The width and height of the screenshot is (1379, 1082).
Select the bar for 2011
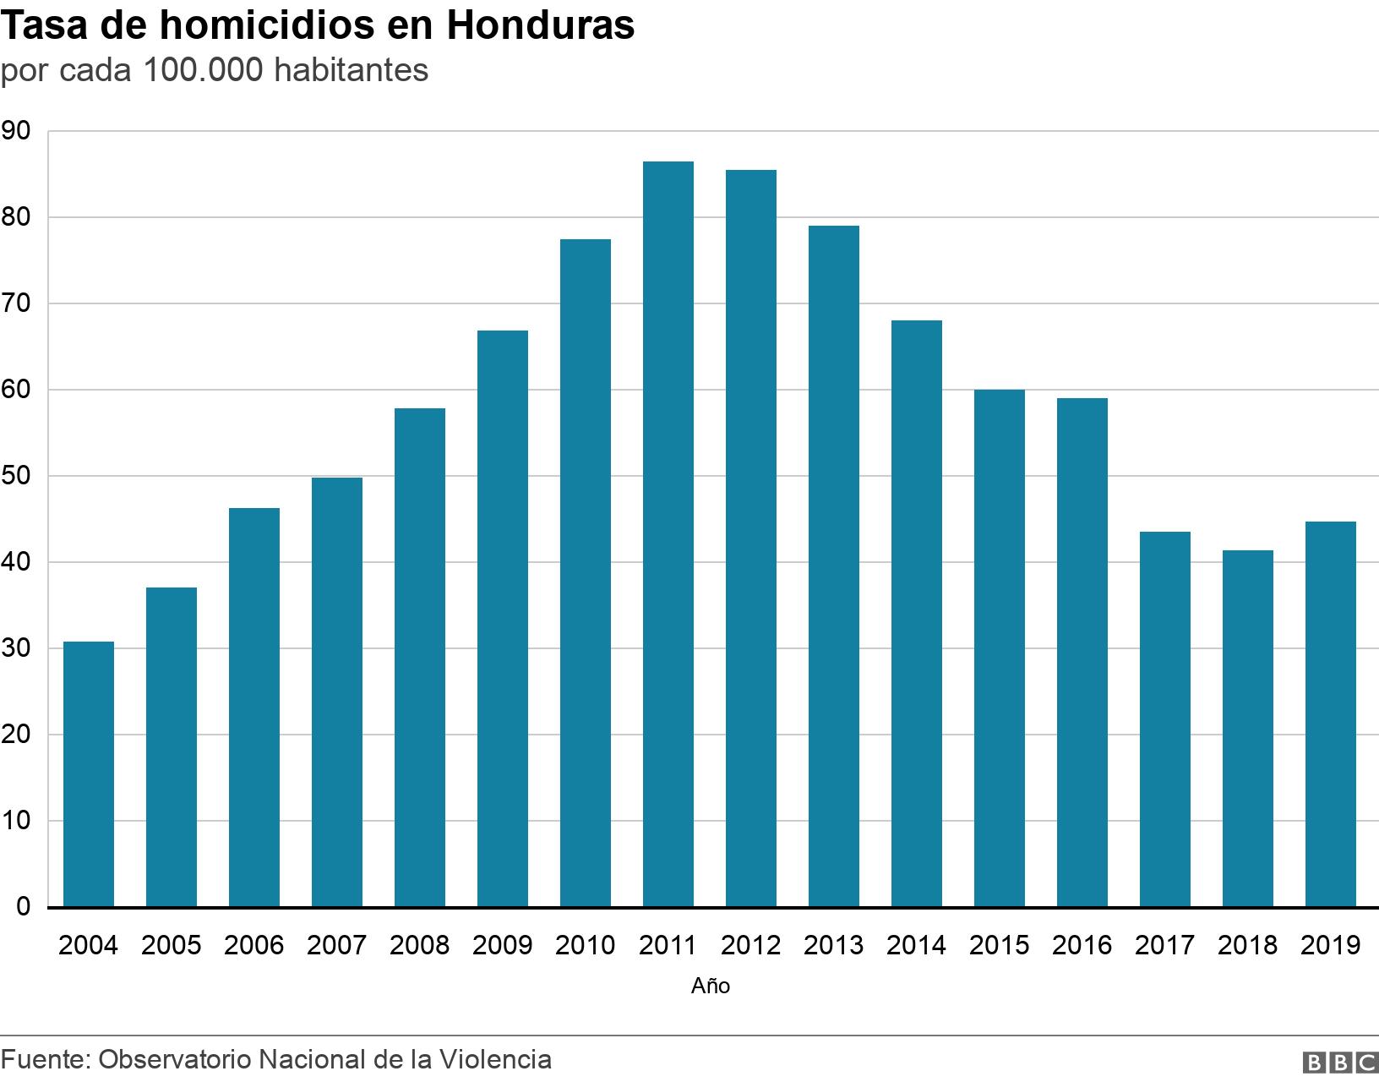pos(668,534)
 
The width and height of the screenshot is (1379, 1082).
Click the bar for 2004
pos(89,774)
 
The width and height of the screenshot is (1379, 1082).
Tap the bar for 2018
pos(1247,729)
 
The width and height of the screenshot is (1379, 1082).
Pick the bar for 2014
pos(916,614)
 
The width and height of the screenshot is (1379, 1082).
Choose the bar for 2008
pos(419,658)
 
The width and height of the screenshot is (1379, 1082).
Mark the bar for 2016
pos(1082,653)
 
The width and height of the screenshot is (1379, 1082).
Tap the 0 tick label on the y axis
pos(23,907)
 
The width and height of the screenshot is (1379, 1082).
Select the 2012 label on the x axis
pos(750,945)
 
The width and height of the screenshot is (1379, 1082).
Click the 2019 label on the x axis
pos(1330,945)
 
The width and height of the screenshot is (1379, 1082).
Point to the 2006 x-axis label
pos(253,945)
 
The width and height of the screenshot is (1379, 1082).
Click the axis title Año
pos(710,986)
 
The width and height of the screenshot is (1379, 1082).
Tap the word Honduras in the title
pos(540,26)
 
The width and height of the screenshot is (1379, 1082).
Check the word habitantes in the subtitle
pos(351,71)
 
